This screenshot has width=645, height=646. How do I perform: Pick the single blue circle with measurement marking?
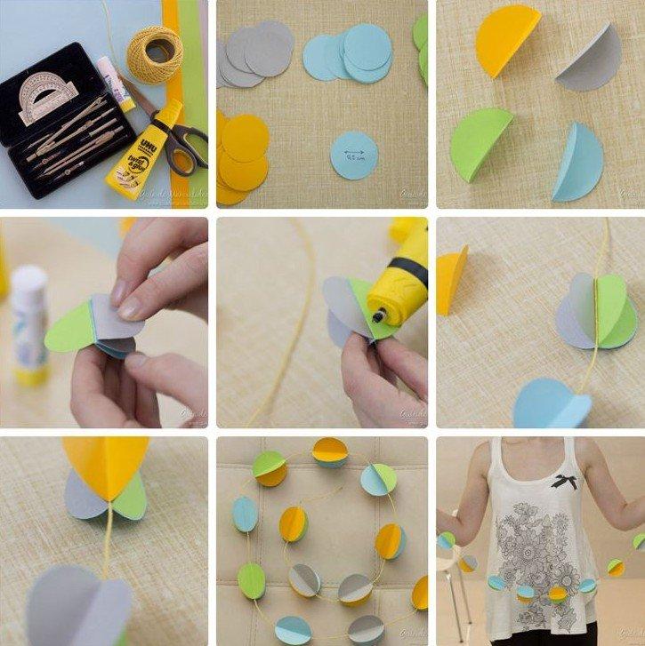point(354,156)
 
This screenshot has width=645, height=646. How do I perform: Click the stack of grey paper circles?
point(254,52)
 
